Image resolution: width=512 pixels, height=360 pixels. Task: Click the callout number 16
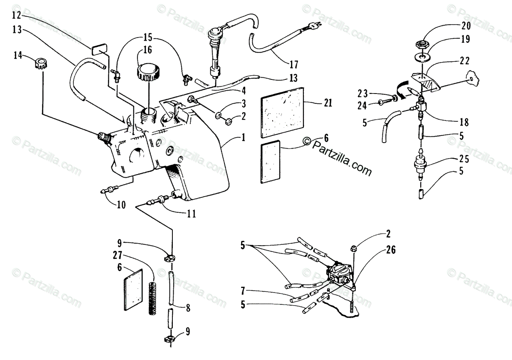point(147,50)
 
